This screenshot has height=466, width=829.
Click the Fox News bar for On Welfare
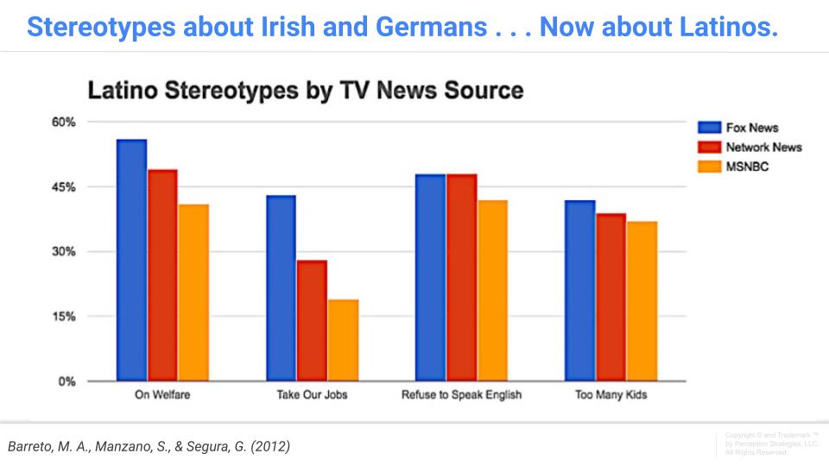(x=131, y=260)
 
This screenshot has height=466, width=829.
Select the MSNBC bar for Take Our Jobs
(x=343, y=340)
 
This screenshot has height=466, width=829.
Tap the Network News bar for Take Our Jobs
(x=312, y=320)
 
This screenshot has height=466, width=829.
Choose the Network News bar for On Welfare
(x=162, y=275)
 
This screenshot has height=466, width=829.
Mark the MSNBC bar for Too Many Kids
(x=642, y=301)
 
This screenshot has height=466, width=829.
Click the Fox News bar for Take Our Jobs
(x=281, y=288)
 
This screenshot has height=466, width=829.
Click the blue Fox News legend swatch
(x=708, y=128)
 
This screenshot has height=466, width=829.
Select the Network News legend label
(x=763, y=147)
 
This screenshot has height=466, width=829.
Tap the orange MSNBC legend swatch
(x=708, y=166)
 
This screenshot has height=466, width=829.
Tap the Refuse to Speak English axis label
(x=461, y=396)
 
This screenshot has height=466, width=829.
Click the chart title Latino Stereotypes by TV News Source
(x=306, y=89)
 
